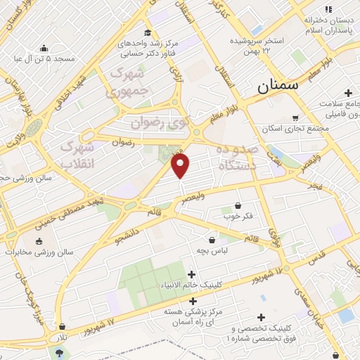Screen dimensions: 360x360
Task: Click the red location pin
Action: (181, 166)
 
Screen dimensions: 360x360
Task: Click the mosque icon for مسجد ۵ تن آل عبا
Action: (45, 49)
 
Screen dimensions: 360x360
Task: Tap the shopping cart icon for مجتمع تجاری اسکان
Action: (295, 118)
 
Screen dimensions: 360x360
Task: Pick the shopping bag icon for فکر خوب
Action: (238, 206)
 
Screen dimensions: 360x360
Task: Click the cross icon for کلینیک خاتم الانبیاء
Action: (191, 274)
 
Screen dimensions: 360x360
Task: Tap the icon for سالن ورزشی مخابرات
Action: (37, 241)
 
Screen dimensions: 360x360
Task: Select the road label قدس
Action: (317, 251)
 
